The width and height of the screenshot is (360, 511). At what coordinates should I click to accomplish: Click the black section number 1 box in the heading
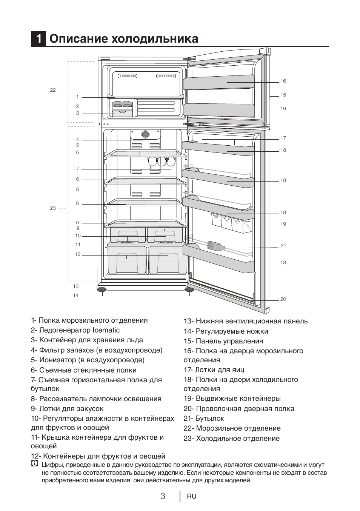coord(38,39)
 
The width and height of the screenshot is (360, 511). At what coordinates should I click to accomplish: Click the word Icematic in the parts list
coord(106,330)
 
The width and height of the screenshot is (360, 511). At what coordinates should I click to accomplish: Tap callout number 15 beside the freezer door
coord(283,95)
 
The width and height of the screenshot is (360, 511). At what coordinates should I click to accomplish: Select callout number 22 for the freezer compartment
coord(53,90)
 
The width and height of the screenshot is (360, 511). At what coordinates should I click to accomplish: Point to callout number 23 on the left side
coord(53,208)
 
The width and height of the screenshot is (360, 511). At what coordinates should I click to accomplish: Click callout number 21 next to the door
coord(283,246)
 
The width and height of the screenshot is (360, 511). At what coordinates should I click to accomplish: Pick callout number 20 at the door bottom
coord(283,299)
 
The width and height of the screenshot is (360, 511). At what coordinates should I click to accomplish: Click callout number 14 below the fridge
coord(76,296)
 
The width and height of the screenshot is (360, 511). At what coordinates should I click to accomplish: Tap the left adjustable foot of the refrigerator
coord(102,289)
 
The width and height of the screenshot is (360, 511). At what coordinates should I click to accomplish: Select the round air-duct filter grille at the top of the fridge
coord(145,134)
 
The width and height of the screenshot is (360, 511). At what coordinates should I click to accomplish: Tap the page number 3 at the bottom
coord(163,496)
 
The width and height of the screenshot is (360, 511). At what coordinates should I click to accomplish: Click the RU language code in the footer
coord(192,496)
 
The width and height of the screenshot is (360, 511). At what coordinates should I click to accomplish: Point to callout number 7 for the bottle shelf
coord(78,169)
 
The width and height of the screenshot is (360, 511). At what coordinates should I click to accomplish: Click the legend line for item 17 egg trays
coord(214,370)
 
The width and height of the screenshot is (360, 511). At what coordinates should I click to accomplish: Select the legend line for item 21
coord(204,419)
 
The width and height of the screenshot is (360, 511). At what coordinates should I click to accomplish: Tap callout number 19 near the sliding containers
coord(283,224)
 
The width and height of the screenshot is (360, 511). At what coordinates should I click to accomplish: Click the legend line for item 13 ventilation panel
coord(246,321)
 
